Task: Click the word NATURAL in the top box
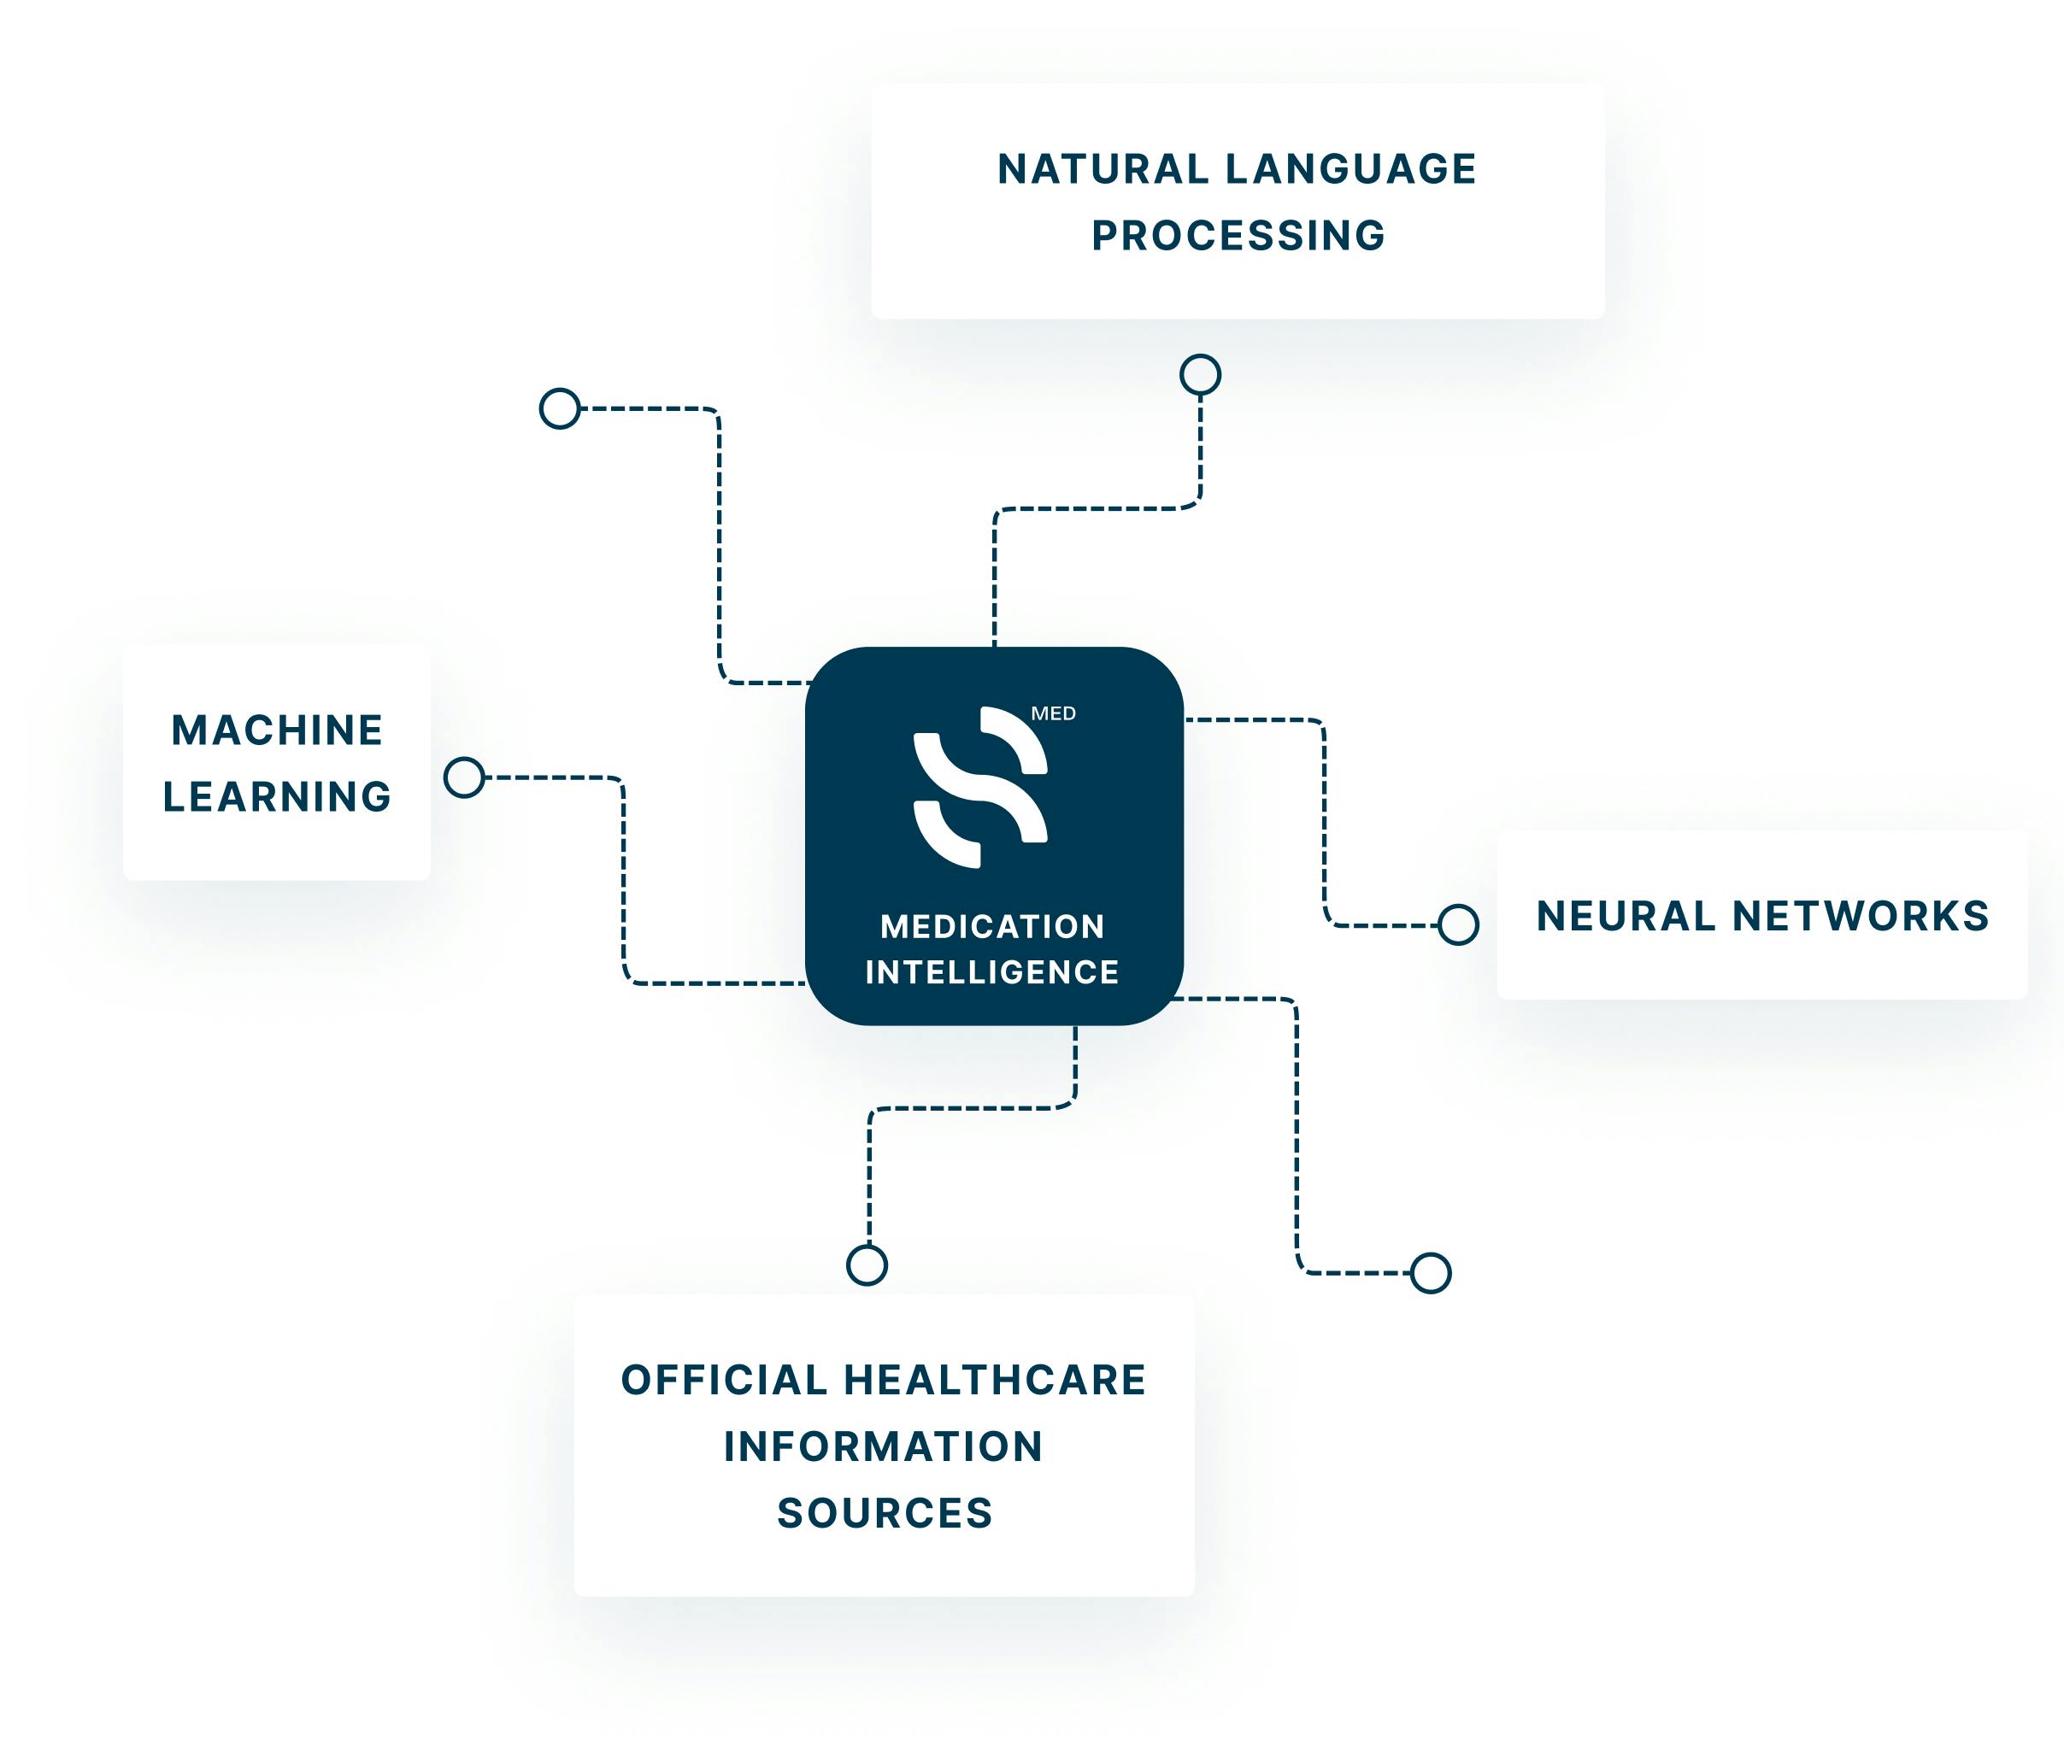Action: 1103,169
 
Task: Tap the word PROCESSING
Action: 1238,236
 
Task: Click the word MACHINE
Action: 277,730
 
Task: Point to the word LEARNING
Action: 277,797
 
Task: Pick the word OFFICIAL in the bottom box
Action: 724,1381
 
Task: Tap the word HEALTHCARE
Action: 995,1381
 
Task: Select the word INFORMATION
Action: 884,1447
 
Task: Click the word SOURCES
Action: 885,1514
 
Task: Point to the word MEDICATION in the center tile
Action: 993,927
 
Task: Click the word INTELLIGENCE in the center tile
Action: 992,972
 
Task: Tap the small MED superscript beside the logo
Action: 1053,714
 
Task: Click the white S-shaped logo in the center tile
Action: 980,787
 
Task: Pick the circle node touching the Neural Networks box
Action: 1458,925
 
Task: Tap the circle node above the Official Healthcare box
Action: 867,1266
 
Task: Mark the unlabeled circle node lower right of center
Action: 1432,1273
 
